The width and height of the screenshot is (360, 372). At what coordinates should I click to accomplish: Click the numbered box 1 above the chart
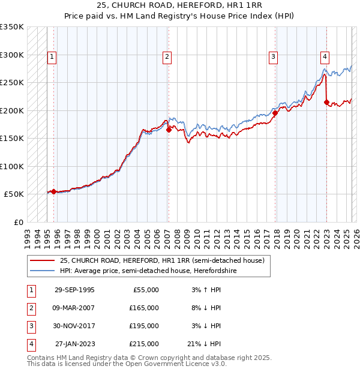pos(52,58)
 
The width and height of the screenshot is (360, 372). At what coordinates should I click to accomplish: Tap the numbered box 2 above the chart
pos(166,58)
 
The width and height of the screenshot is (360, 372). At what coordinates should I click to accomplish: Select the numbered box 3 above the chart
pos(273,58)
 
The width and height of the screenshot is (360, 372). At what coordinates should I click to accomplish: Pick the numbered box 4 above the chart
pos(325,58)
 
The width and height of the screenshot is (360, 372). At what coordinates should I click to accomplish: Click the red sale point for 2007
pos(169,130)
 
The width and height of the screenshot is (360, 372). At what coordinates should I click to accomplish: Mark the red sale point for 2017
pos(275,113)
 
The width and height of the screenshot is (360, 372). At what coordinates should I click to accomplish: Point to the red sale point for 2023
pos(326,102)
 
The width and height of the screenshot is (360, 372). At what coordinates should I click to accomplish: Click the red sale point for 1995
pos(54,191)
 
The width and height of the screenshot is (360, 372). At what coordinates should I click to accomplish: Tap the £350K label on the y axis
pos(12,27)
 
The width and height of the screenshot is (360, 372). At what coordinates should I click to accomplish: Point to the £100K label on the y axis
pos(12,166)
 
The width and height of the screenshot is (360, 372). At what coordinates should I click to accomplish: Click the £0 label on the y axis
pos(19,222)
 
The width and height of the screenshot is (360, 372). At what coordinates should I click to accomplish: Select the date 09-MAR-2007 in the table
pos(74,308)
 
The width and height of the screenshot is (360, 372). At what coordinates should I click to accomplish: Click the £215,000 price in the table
pos(145,344)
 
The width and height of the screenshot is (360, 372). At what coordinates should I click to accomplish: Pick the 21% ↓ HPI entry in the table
pos(204,344)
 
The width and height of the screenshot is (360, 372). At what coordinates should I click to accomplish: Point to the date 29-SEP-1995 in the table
pos(74,290)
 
